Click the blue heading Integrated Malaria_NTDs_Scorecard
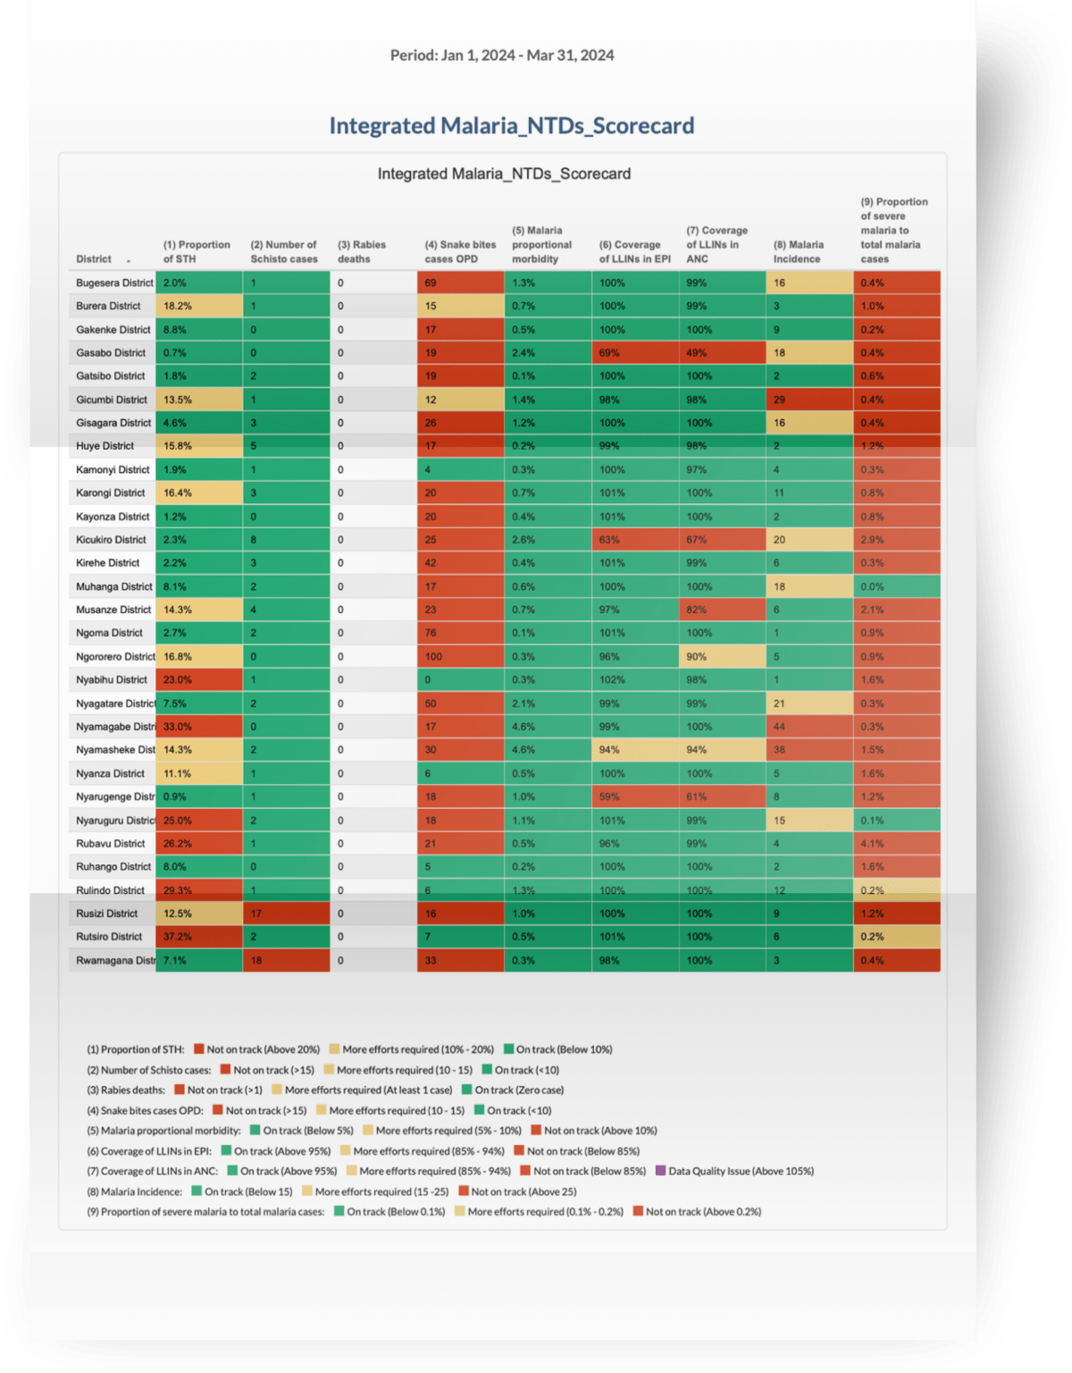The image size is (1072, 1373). pos(511,126)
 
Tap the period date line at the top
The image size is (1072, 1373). pos(502,55)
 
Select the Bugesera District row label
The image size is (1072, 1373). pos(114,283)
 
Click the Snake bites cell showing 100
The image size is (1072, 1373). pos(459,657)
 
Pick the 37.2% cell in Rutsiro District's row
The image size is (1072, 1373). pos(198,937)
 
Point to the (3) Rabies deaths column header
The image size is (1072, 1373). pos(362,252)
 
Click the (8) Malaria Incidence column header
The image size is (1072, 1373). pos(798,252)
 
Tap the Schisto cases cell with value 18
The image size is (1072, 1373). pos(285,961)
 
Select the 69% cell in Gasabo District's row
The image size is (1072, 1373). pos(634,353)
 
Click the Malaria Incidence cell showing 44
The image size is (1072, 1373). pos(808,727)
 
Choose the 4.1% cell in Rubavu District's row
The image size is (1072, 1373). pos(896,844)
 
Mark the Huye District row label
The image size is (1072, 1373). pos(105,446)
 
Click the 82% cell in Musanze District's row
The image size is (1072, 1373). pos(722,610)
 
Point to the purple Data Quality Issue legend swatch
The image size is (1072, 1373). pos(661,1171)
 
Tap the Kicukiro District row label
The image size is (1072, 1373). pos(111,540)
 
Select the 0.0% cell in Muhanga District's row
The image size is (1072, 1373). pos(896,587)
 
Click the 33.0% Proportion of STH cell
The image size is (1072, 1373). pos(198,727)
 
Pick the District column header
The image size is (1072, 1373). pos(94,259)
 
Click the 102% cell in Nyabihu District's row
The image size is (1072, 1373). pos(634,680)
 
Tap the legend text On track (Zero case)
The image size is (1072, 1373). pos(519,1091)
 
